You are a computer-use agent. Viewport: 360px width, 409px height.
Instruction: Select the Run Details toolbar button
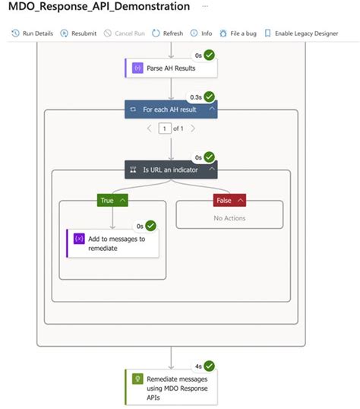point(33,33)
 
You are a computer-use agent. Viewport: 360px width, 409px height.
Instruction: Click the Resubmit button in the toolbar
point(79,33)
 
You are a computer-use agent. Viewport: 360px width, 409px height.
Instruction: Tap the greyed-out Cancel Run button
point(125,33)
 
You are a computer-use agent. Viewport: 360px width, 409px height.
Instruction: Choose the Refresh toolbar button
point(168,33)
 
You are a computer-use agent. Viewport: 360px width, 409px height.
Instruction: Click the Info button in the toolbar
point(201,33)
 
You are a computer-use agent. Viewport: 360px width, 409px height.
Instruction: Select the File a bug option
point(238,33)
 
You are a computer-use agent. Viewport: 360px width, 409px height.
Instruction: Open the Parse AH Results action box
point(170,68)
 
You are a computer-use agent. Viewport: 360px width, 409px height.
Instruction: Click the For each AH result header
point(169,109)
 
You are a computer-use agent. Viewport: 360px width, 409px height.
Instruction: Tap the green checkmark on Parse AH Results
point(208,55)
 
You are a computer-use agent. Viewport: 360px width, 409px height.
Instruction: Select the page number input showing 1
point(163,128)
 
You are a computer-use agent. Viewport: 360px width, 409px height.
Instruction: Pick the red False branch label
point(229,200)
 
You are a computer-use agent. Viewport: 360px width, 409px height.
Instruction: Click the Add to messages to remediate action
point(113,243)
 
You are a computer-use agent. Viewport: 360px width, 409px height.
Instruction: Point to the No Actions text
point(229,218)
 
